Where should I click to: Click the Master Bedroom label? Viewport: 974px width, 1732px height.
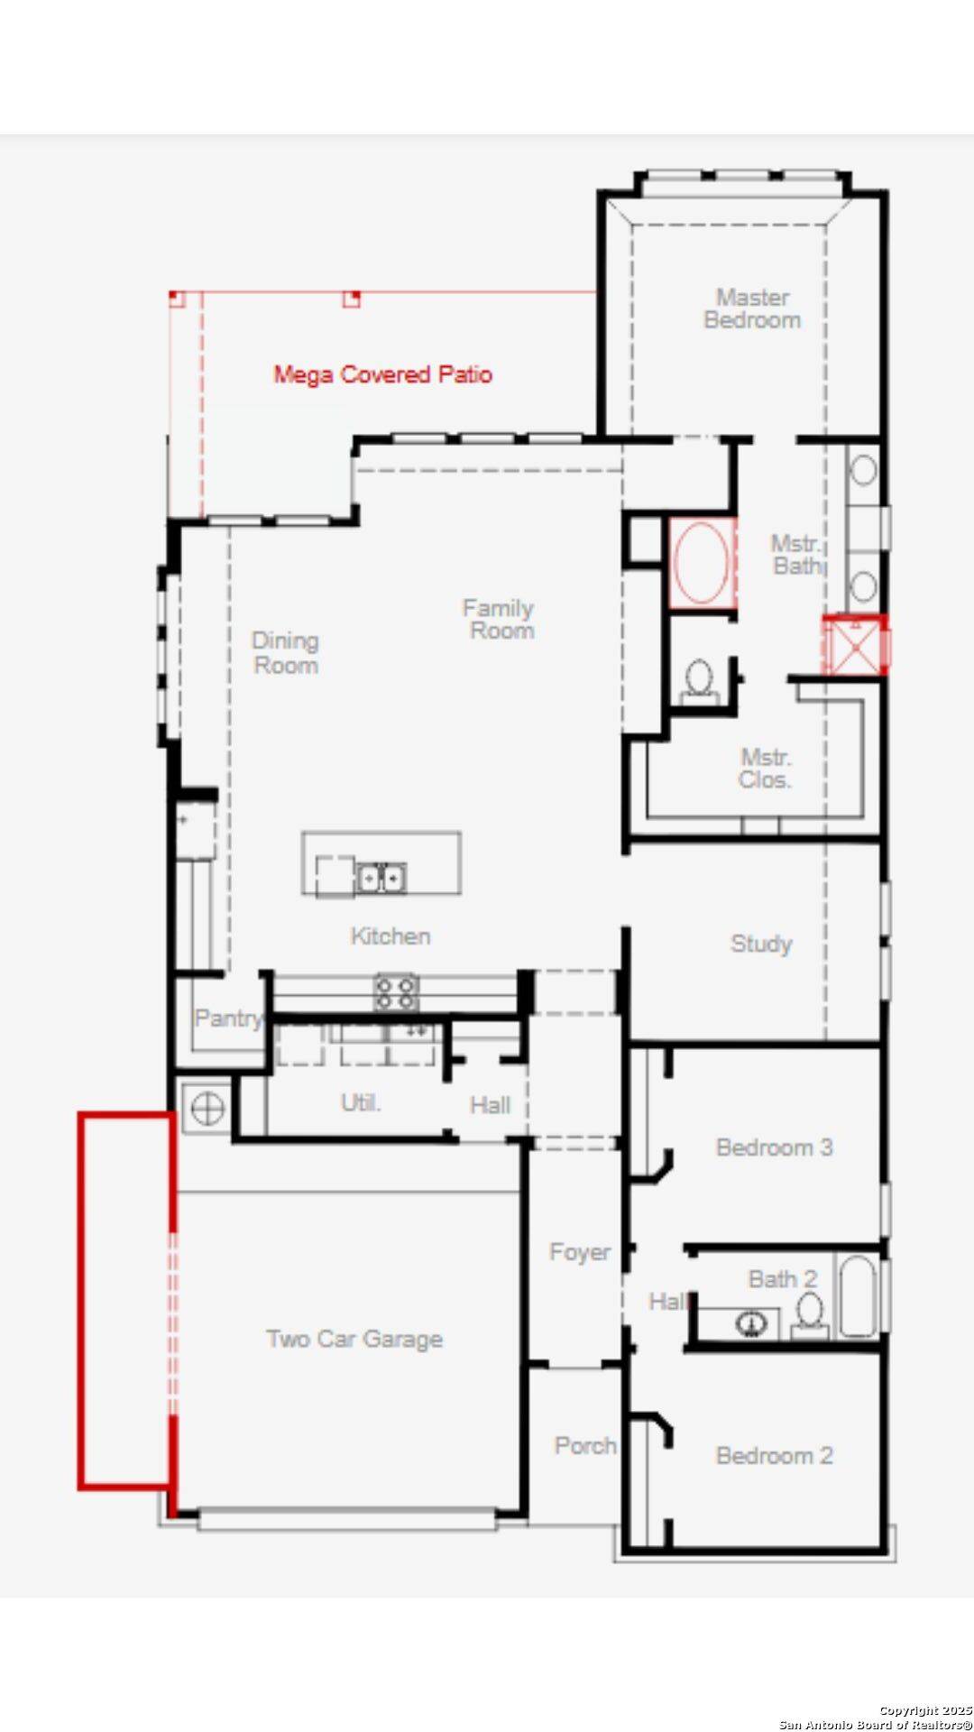[752, 309]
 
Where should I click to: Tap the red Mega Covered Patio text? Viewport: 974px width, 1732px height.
[383, 374]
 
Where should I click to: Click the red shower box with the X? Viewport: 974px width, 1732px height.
[853, 644]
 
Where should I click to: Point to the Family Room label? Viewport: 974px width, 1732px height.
[500, 619]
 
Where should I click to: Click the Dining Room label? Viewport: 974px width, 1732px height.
[285, 653]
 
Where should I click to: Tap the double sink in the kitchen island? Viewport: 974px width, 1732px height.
[381, 877]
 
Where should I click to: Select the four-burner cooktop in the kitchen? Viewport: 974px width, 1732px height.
[396, 992]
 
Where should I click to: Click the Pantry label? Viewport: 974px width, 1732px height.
[228, 1018]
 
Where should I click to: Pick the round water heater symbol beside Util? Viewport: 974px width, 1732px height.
[206, 1108]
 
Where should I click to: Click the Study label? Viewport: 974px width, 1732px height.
[761, 944]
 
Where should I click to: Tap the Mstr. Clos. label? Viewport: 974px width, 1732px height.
[765, 769]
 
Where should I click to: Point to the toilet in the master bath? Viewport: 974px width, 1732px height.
[699, 678]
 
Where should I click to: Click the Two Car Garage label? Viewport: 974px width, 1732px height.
[354, 1339]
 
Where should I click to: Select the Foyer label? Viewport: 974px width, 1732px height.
[579, 1252]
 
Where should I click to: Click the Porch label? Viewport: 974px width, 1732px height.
[585, 1445]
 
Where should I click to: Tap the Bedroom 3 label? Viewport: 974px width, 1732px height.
[774, 1147]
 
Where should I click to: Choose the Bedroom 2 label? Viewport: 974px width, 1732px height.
[774, 1455]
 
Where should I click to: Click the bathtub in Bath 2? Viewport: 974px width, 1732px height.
[857, 1297]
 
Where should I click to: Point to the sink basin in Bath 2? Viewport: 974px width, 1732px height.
[750, 1323]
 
